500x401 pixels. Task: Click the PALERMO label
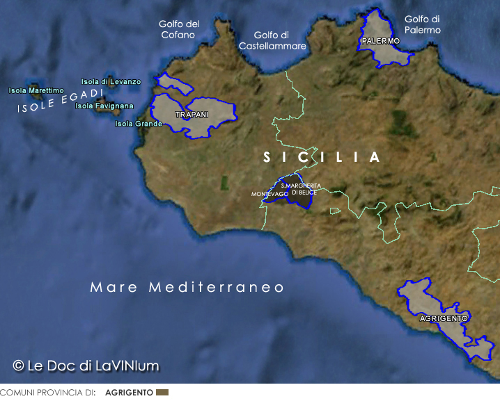coord(381,41)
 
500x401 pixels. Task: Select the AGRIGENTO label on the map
coord(444,318)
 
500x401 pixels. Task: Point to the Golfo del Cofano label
coord(179,29)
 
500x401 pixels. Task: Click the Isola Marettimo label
coord(36,90)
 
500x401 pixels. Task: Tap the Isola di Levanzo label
coord(111,82)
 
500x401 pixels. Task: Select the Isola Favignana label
coord(104,106)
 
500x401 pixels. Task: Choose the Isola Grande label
coord(138,124)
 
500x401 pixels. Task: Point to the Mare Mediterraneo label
coord(187,287)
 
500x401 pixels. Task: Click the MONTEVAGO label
coord(269,194)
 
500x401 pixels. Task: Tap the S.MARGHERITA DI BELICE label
coord(301,188)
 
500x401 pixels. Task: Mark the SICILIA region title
coord(322,158)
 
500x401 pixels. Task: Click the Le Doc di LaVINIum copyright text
coord(86,365)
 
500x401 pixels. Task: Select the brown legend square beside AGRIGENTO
coord(162,393)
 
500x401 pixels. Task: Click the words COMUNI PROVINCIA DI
coord(47,393)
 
